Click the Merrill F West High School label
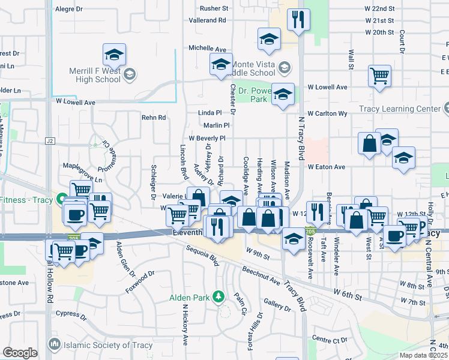95,74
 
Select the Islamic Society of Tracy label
98,344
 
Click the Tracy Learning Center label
399,109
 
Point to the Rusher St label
214,8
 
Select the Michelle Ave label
207,48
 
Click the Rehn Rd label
153,118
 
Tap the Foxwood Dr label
139,280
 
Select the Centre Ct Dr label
330,340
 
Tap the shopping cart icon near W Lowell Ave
379,76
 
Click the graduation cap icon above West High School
114,54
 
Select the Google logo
20,352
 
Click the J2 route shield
50,141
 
